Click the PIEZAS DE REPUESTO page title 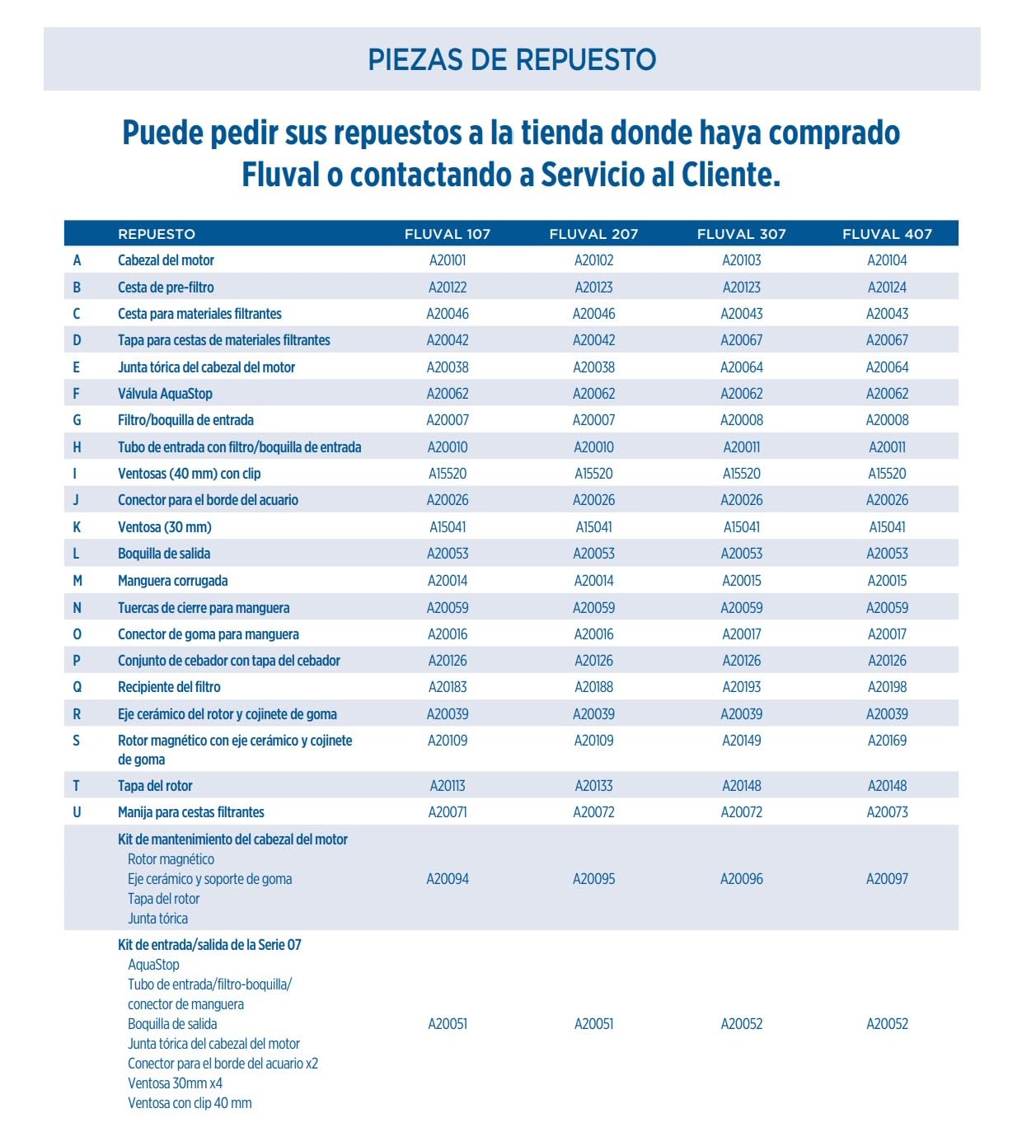coord(511,59)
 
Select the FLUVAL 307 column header coord(741,234)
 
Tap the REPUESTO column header coord(157,234)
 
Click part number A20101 coord(448,260)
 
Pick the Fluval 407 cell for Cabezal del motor coord(887,260)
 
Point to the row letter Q coord(77,687)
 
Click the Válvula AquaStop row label coord(165,394)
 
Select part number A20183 coord(448,687)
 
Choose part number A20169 coord(887,741)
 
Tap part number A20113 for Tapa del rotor coord(448,786)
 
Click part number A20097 coord(887,879)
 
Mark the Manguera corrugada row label coord(172,581)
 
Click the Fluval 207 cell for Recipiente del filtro coord(593,687)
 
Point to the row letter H coord(77,447)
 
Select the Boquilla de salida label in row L coord(164,554)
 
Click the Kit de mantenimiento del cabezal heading coord(232,839)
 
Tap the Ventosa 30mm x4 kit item coord(175,1083)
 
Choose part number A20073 coord(887,812)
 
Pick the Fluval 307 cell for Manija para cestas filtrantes coord(741,812)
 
